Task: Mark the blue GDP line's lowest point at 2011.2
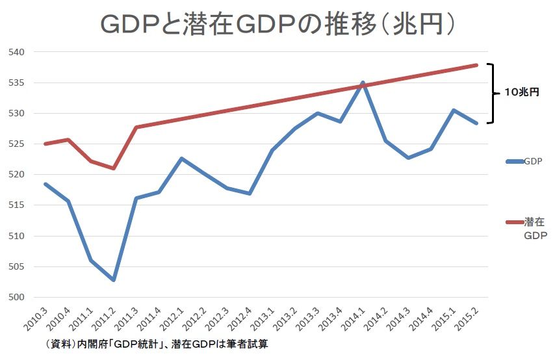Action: point(114,280)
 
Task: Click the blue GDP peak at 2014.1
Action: point(363,83)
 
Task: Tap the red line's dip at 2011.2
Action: point(114,168)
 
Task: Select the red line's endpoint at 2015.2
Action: point(476,65)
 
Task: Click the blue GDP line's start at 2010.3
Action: point(45,184)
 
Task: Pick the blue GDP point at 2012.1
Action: point(181,159)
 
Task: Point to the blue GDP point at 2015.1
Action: point(454,110)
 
